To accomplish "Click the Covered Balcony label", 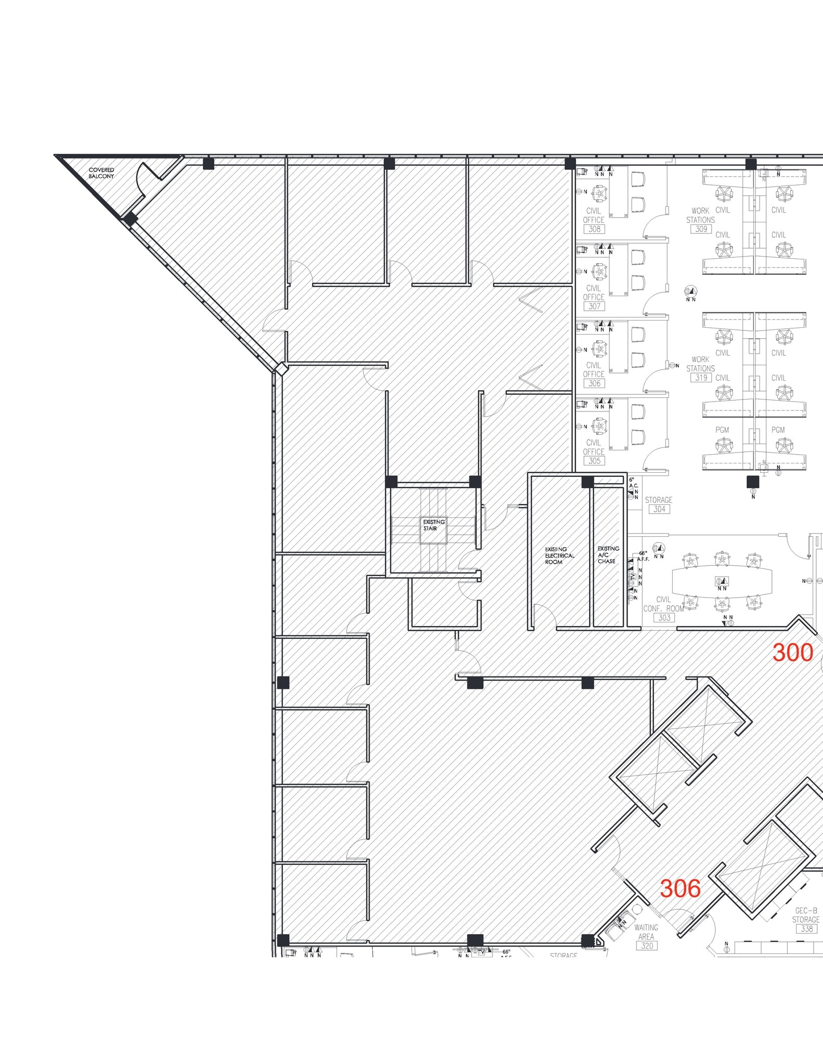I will (x=101, y=173).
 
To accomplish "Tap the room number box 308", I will (x=594, y=229).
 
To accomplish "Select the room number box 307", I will (x=594, y=307).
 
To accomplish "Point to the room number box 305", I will (x=594, y=461).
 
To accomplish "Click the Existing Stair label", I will (x=433, y=525).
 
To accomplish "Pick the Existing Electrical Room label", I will (x=559, y=555).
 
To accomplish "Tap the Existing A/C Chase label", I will (x=608, y=554).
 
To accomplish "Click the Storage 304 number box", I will (x=659, y=509).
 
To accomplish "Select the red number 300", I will (x=792, y=653).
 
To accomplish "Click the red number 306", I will (x=680, y=889).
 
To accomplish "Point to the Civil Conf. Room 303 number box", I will (x=664, y=618).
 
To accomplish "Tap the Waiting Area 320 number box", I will (x=646, y=946).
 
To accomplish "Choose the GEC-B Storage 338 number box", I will (x=806, y=928).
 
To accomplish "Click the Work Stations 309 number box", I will (x=701, y=229).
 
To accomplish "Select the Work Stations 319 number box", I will (x=701, y=378).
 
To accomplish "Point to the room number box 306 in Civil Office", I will (x=594, y=383).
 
